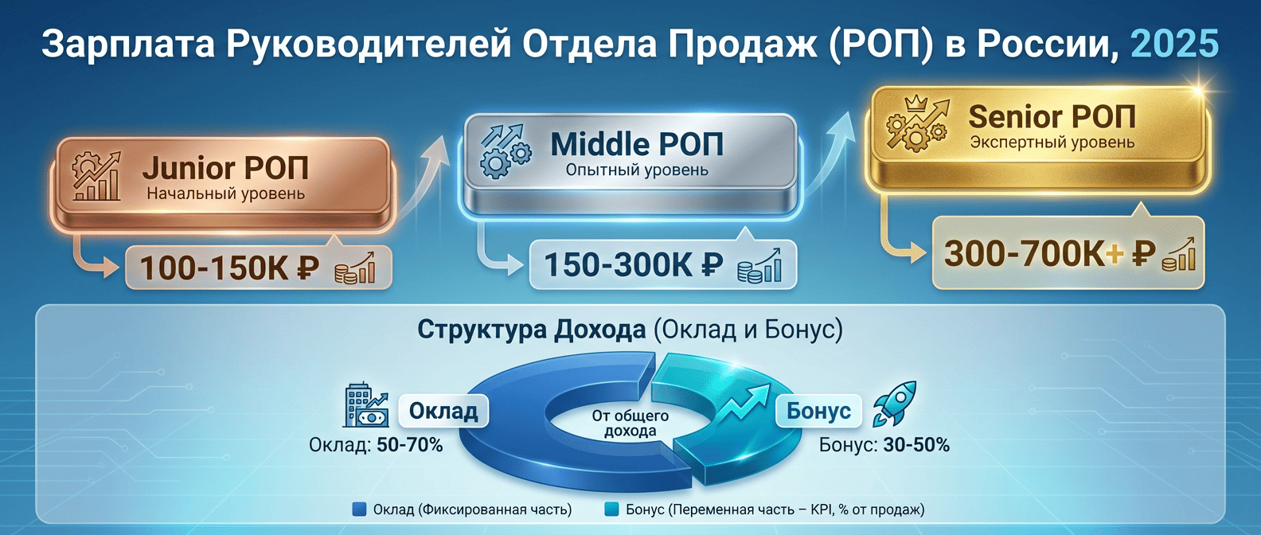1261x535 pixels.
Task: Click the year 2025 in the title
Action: tap(1174, 44)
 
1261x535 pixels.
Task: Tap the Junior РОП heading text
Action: tap(225, 168)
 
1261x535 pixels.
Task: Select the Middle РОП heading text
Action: tap(637, 144)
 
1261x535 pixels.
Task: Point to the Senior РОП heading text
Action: tap(1052, 116)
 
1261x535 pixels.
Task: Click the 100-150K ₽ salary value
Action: tap(229, 268)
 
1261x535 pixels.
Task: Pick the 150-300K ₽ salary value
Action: tap(633, 265)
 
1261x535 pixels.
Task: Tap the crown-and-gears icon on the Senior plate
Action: tap(918, 123)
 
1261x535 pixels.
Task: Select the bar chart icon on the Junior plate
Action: tap(96, 176)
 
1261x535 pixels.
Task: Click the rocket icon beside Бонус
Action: tap(895, 403)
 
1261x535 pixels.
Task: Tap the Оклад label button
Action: tap(443, 411)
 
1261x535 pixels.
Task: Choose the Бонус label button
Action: tap(818, 411)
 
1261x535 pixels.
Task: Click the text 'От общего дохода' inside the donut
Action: tap(630, 424)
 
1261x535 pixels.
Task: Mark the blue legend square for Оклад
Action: tap(359, 510)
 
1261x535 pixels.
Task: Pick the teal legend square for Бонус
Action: tap(611, 510)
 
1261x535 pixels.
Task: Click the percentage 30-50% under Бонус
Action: tap(916, 445)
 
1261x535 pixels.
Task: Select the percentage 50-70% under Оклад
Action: tap(409, 445)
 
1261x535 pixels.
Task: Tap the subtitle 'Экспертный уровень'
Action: tap(1052, 143)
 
